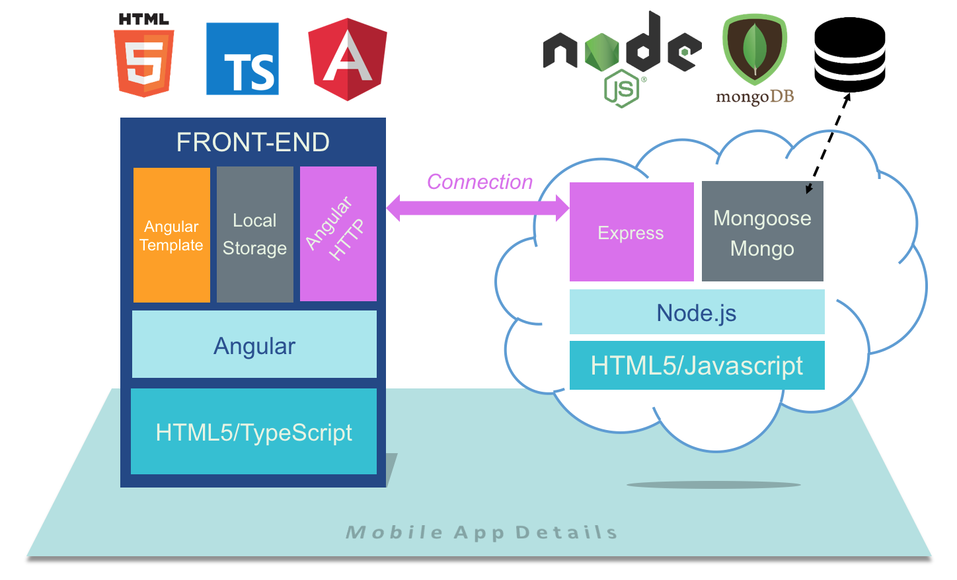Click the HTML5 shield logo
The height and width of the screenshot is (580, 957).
(x=144, y=57)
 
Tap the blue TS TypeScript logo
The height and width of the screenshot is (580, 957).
(x=243, y=59)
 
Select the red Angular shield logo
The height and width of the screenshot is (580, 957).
(x=348, y=59)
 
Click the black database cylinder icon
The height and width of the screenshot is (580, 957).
(x=849, y=54)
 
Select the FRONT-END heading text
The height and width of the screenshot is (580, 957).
(x=253, y=142)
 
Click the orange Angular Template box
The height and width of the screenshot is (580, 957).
(x=172, y=235)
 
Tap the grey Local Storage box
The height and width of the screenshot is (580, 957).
(x=255, y=235)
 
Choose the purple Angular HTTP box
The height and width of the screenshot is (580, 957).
(x=338, y=234)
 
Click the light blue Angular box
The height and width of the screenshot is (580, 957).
(x=254, y=345)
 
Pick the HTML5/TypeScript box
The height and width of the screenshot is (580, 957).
(x=254, y=431)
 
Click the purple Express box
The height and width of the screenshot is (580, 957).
(x=631, y=232)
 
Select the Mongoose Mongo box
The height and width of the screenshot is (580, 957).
(x=762, y=232)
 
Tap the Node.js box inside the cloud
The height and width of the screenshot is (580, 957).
(x=697, y=312)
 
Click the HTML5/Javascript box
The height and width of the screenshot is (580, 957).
(x=697, y=365)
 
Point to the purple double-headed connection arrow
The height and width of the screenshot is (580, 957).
(x=477, y=208)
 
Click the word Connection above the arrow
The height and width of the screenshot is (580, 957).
(x=480, y=182)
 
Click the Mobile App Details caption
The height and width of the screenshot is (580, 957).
(x=482, y=532)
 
